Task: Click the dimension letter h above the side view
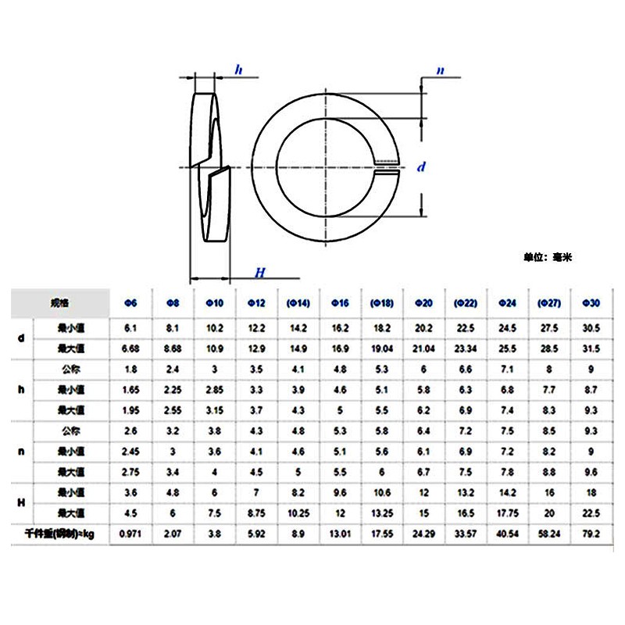coord(239,71)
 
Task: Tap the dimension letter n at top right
coord(441,71)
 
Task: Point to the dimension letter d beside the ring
coord(421,166)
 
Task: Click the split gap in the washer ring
coord(387,166)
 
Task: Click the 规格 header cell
coord(60,302)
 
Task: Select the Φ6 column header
coord(131,302)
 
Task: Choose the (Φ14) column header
coord(299,302)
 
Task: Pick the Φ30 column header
coord(591,302)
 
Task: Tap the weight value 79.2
coord(591,534)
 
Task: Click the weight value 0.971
coord(131,534)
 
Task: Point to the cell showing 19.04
coord(383,348)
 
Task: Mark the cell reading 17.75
coord(508,514)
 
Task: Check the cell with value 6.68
coord(131,348)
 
